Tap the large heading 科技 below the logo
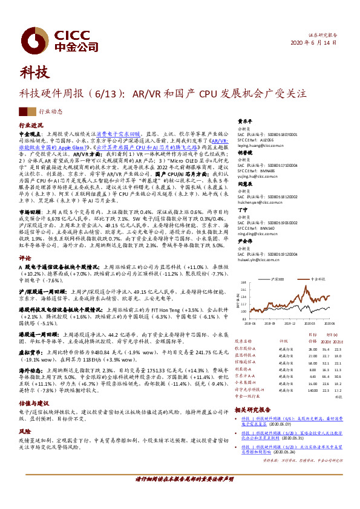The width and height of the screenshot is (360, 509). click(35, 73)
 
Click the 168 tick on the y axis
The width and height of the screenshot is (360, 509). click(243, 282)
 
